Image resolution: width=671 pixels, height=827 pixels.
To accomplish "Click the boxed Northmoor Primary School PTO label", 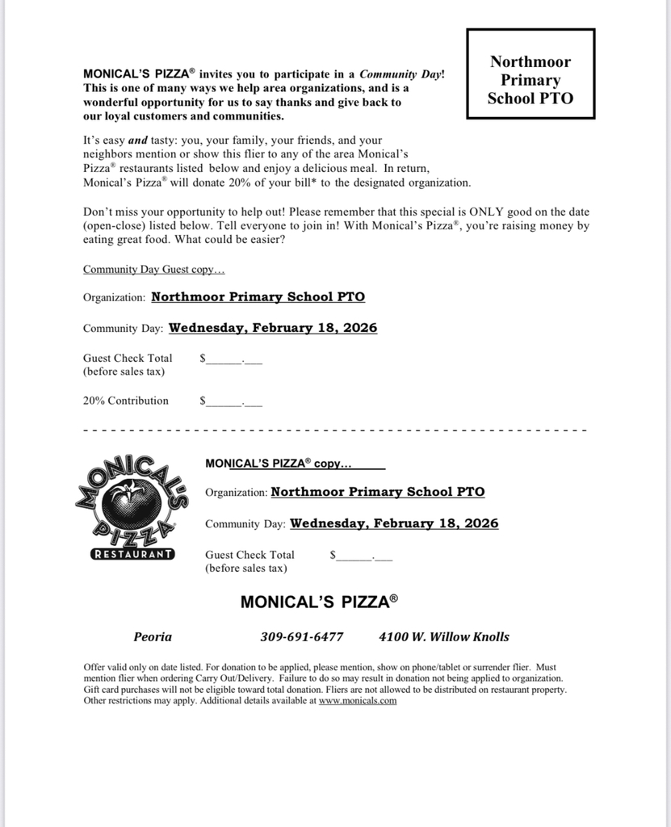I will (x=531, y=80).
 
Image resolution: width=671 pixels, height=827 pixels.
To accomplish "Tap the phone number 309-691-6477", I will (x=302, y=636).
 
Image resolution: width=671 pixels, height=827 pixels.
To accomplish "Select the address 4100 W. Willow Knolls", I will (x=444, y=636).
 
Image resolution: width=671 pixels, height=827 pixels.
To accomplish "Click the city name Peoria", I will (x=153, y=636).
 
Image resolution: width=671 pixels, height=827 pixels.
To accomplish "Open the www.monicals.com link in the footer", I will (x=358, y=701).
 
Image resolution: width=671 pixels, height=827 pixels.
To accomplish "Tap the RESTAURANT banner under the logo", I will (x=132, y=554).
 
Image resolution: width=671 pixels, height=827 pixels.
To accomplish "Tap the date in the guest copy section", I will (x=273, y=328).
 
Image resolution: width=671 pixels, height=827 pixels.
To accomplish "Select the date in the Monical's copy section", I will (x=394, y=523).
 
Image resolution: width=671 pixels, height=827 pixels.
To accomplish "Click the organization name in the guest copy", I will (x=258, y=296).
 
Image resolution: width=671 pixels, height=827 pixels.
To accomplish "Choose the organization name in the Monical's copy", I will (x=378, y=491).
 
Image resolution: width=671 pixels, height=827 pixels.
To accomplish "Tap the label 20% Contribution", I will (x=126, y=401).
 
